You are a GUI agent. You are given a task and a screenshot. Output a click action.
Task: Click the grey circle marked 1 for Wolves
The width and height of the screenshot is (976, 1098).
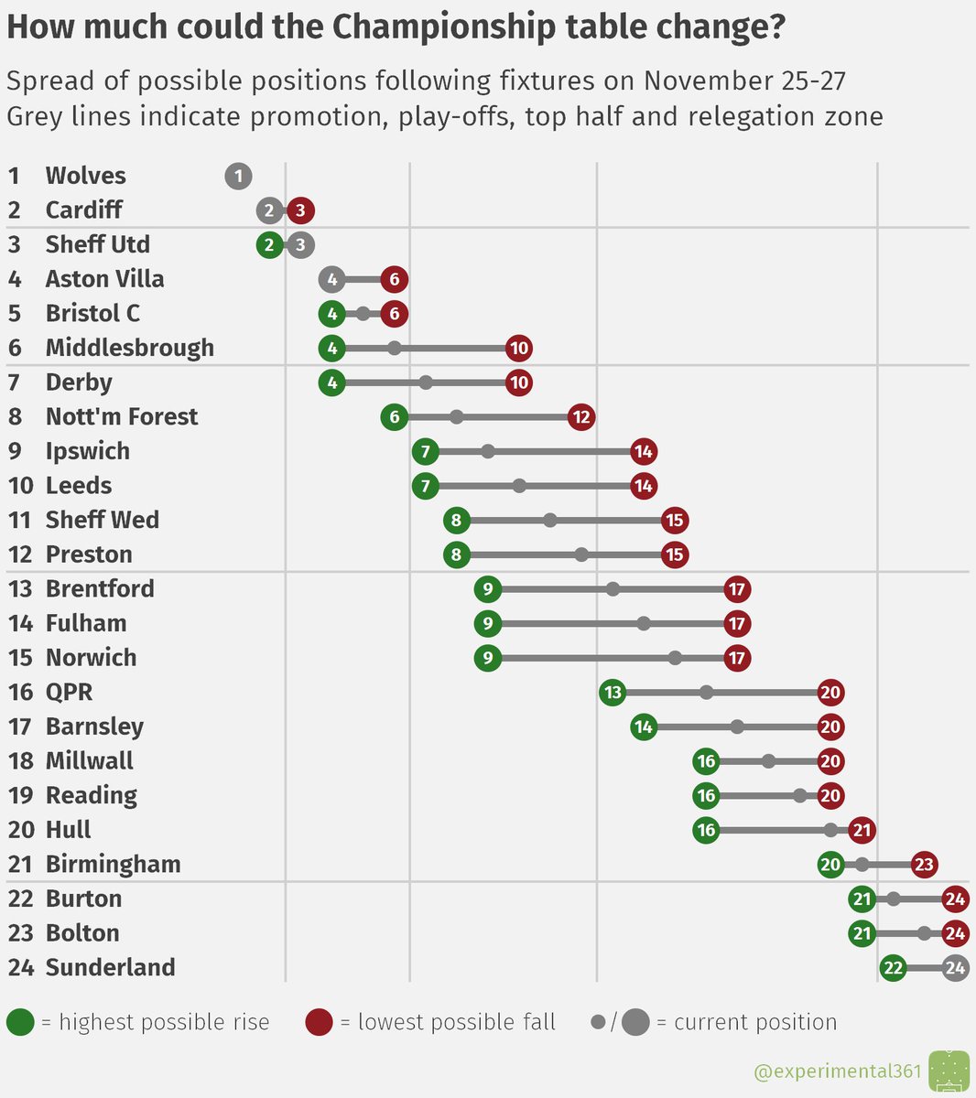[x=238, y=176]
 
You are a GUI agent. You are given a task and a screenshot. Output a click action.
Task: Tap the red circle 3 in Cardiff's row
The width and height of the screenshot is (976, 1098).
[x=300, y=210]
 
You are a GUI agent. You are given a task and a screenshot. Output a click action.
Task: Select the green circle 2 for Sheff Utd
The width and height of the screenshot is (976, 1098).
[x=269, y=245]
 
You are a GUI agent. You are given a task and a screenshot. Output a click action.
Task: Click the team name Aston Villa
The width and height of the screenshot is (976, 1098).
[x=104, y=279]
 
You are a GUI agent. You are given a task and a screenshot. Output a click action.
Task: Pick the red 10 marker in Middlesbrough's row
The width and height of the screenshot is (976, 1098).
[x=519, y=349]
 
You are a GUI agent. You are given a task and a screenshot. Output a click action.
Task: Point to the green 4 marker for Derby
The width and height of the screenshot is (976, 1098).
[x=332, y=382]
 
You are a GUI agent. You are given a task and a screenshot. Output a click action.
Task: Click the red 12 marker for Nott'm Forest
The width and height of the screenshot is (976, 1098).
[x=581, y=417]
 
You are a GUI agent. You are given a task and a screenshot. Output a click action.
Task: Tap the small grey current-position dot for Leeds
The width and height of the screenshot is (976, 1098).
[x=519, y=486]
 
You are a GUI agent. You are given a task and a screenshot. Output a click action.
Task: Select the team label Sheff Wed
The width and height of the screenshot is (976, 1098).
[x=102, y=520]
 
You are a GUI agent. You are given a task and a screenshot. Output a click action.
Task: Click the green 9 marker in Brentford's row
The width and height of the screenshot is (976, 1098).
[x=488, y=589]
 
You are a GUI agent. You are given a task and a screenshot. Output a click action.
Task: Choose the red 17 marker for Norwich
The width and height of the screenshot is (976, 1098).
[x=737, y=658]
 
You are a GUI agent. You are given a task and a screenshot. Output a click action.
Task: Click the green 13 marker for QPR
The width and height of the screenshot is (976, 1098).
[x=613, y=693]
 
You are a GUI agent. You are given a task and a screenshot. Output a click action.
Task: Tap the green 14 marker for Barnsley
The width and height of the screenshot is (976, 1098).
[x=644, y=727]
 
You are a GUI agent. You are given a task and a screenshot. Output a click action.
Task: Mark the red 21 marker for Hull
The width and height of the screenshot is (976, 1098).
[x=862, y=831]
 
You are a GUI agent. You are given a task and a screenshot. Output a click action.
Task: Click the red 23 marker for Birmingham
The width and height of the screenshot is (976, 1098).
[x=924, y=865]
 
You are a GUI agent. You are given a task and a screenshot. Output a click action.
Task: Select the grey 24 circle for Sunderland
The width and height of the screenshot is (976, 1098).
[x=955, y=968]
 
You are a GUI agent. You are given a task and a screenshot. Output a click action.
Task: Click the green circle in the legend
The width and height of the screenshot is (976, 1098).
[x=20, y=1022]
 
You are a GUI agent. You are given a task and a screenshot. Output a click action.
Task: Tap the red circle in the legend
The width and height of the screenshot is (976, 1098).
[x=319, y=1022]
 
